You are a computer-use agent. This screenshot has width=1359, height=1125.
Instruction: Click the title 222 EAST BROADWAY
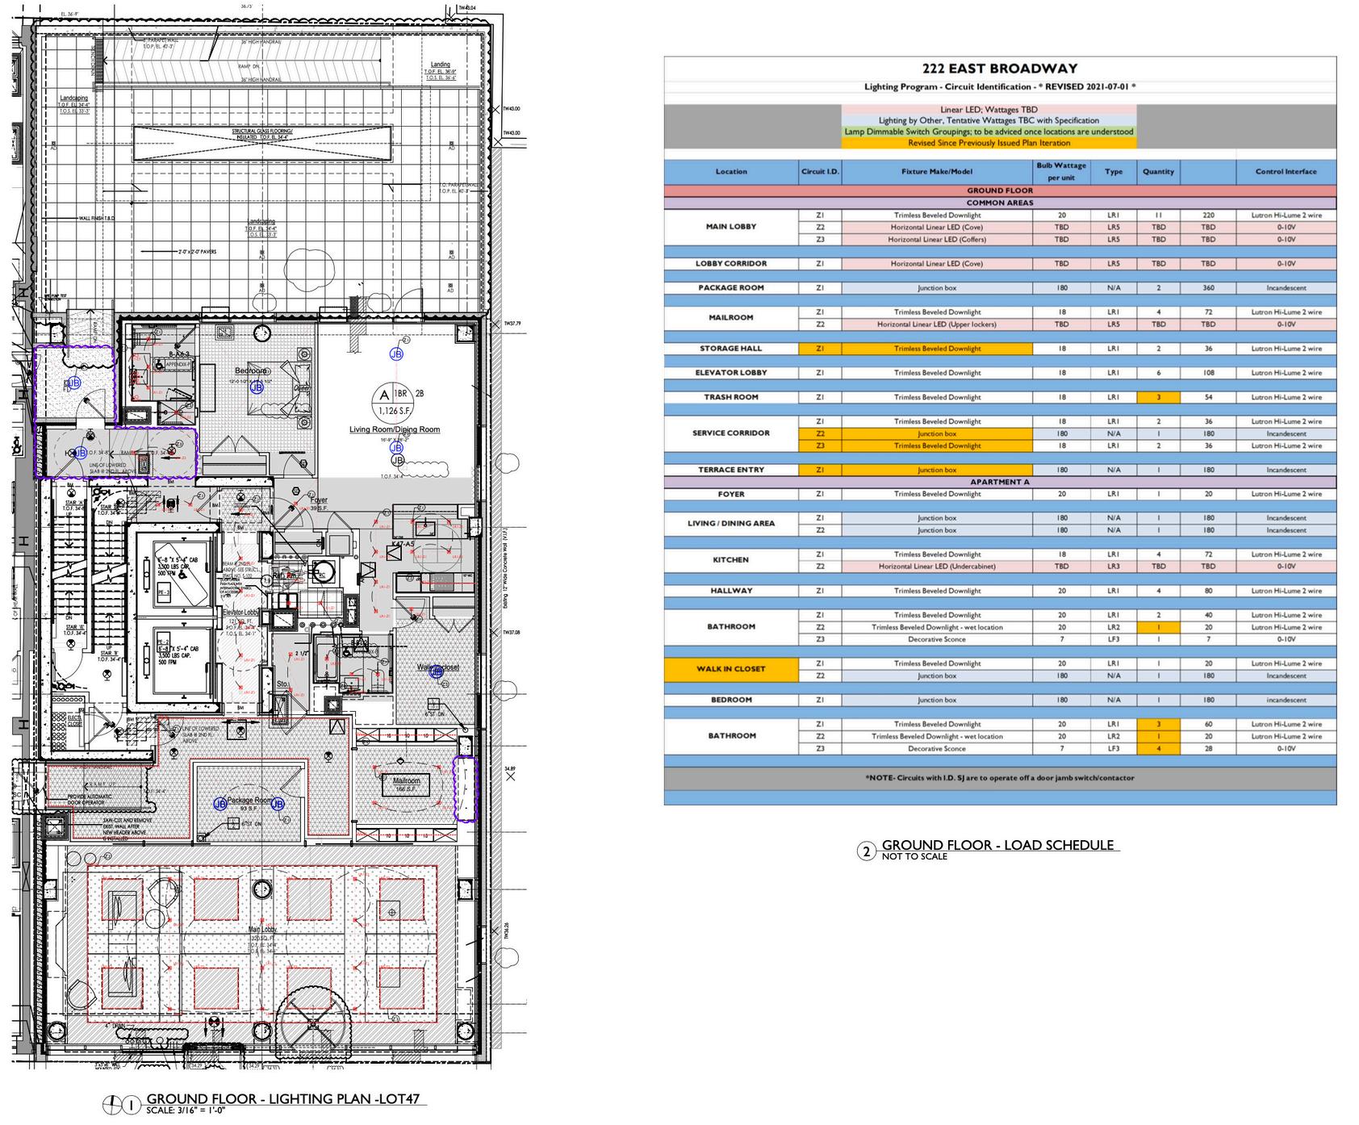999,69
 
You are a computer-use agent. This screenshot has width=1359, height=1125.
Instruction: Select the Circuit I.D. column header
820,172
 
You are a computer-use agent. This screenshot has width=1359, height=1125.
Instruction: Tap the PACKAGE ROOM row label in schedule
730,288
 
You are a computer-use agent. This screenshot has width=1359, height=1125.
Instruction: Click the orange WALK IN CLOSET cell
730,669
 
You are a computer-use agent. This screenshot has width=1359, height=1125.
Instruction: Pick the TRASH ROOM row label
730,397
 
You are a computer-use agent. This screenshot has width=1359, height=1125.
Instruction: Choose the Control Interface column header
1286,172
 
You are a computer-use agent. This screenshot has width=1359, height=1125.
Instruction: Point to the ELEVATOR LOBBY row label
730,373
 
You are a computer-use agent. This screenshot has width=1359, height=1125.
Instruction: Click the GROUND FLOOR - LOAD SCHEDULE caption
997,846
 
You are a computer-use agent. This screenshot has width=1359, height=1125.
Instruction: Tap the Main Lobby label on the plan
263,930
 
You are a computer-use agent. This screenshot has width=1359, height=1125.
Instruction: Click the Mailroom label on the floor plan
407,781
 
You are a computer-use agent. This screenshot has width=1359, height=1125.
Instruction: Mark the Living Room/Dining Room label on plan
395,429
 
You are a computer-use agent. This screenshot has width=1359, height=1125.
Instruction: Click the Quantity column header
1158,172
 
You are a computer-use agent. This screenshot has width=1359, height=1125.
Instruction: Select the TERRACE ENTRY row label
730,470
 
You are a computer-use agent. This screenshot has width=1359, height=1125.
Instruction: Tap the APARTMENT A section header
999,482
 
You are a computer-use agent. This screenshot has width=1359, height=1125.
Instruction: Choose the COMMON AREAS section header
999,203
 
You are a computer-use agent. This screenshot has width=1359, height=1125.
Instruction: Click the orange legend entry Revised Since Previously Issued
989,143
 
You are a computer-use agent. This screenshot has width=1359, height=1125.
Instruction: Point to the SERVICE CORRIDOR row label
730,433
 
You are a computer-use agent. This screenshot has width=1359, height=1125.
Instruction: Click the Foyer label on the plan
319,500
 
